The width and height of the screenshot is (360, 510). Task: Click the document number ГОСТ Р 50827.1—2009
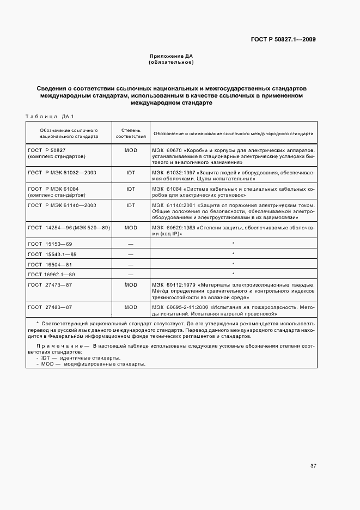pyautogui.click(x=283, y=39)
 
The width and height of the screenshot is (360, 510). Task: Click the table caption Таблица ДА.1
pyautogui.click(x=50, y=116)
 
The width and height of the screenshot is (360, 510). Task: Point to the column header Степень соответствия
pyautogui.click(x=130, y=133)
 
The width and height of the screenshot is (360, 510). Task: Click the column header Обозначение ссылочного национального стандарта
pyautogui.click(x=69, y=133)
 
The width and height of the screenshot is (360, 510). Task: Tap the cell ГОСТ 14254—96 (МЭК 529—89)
pyautogui.click(x=69, y=227)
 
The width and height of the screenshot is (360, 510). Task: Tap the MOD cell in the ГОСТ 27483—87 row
pyautogui.click(x=130, y=307)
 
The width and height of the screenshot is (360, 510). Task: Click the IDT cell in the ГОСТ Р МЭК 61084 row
pyautogui.click(x=130, y=189)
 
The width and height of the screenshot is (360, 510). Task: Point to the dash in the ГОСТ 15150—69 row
pyautogui.click(x=130, y=244)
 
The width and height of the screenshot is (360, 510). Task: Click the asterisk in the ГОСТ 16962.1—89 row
pyautogui.click(x=233, y=274)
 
